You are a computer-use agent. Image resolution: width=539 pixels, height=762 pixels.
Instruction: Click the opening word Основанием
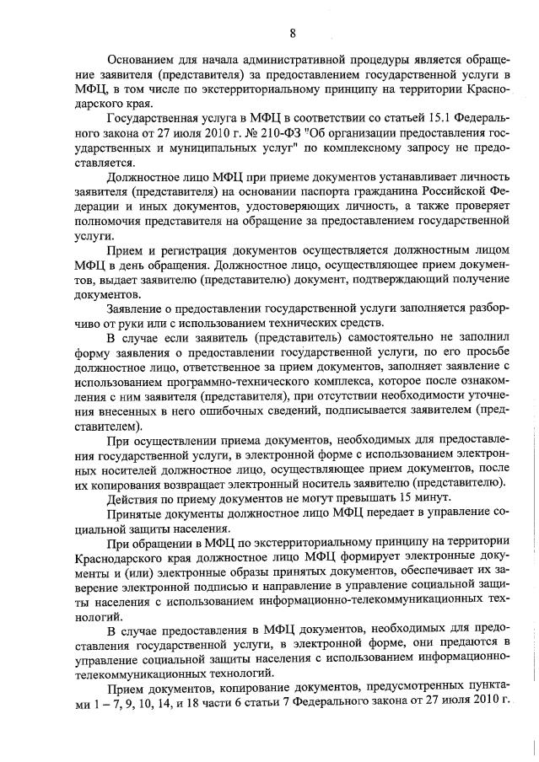point(143,60)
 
